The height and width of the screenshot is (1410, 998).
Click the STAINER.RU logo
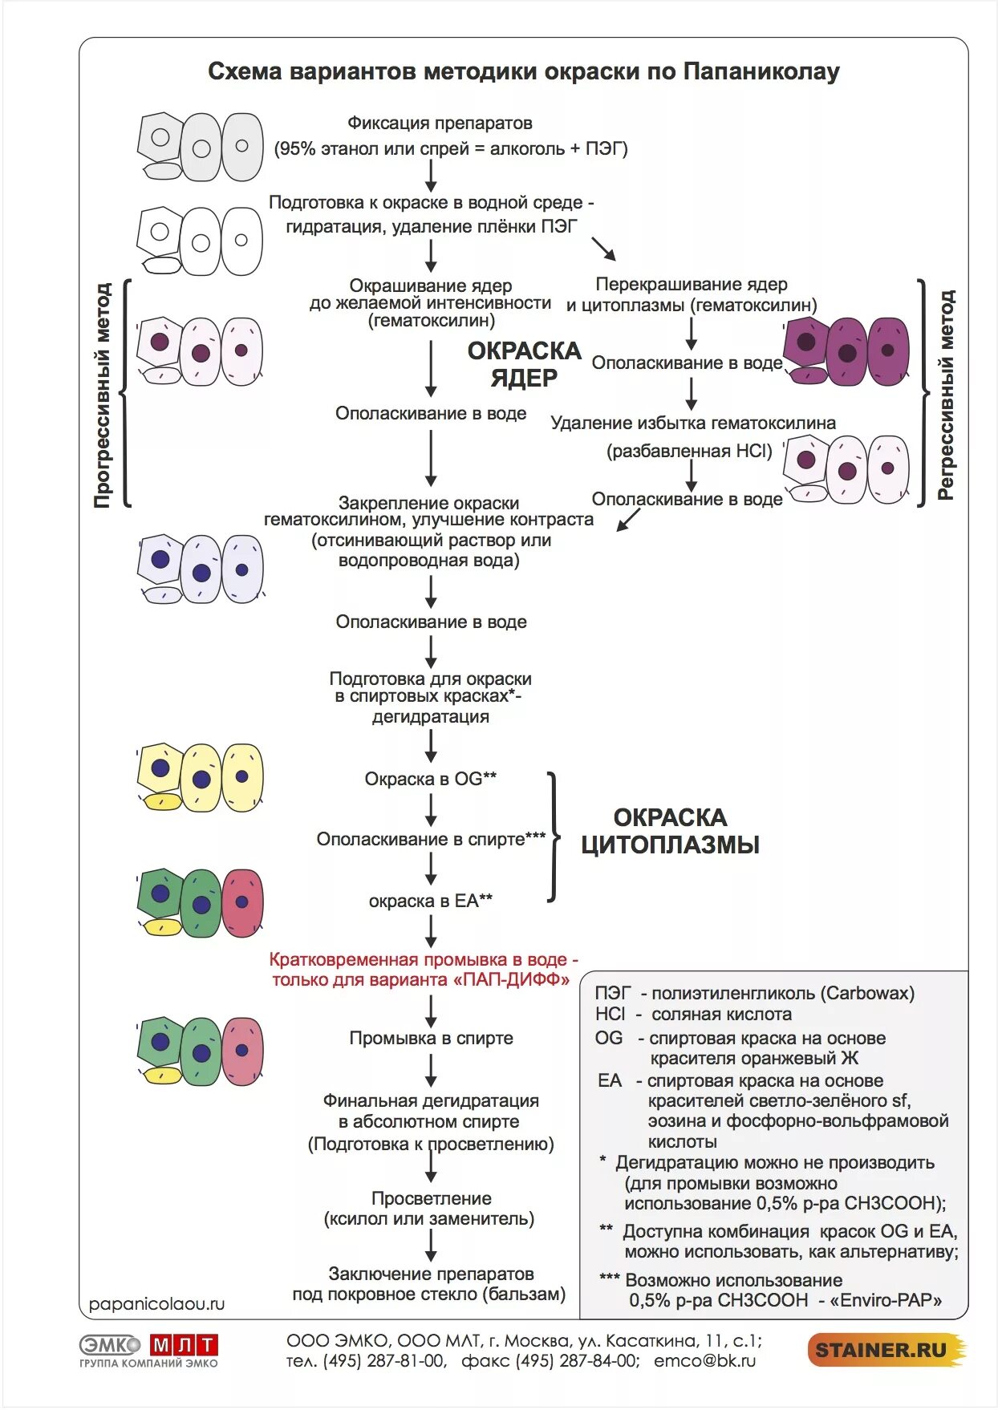click(x=885, y=1350)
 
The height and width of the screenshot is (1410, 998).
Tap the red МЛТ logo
click(x=184, y=1345)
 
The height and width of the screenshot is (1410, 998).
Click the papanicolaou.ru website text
click(x=156, y=1303)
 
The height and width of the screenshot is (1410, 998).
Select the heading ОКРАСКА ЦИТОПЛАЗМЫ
click(x=670, y=831)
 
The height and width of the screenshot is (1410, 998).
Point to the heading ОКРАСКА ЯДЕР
click(x=524, y=364)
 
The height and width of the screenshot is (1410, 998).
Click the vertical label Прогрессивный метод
click(x=103, y=395)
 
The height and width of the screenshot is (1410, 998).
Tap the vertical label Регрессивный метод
click(x=947, y=395)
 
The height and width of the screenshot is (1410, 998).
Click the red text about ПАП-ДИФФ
click(x=423, y=970)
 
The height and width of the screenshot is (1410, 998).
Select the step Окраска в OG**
click(x=431, y=779)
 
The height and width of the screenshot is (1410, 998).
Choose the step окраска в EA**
click(x=431, y=901)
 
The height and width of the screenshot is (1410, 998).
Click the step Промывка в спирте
click(x=431, y=1038)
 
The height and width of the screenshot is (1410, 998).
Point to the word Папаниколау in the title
click(x=761, y=71)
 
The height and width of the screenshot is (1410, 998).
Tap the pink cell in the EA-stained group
click(x=242, y=903)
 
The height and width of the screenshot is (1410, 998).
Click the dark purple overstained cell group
click(x=847, y=351)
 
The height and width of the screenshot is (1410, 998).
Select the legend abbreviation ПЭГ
click(x=613, y=993)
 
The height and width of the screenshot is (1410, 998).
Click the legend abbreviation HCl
click(x=611, y=1014)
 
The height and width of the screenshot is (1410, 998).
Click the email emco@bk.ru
click(x=704, y=1361)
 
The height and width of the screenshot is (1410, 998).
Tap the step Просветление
click(x=431, y=1198)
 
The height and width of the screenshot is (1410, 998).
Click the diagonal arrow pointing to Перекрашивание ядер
click(x=603, y=249)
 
